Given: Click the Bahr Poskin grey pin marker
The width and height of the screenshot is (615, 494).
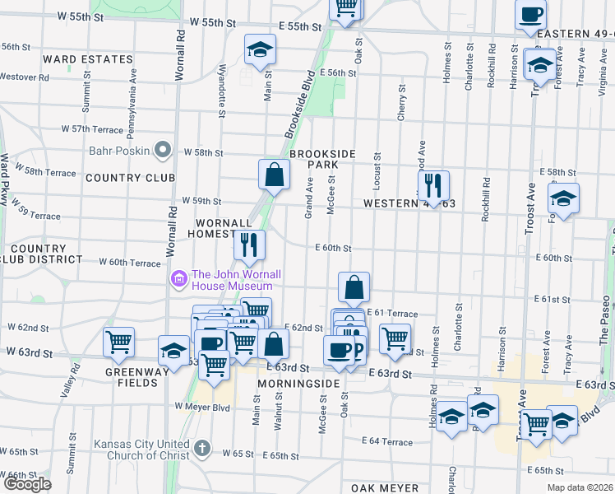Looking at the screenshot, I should coord(163,151).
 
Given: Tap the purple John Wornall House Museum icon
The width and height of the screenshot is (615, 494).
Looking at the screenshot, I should coord(178,280).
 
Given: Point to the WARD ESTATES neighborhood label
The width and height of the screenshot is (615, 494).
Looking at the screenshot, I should coord(88,59).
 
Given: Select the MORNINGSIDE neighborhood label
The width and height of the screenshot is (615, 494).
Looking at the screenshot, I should coord(298,384).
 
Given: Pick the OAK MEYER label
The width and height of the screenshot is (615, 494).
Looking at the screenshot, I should coord(386,487).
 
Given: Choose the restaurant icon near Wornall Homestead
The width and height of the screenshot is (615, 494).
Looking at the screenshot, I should coord(248,245).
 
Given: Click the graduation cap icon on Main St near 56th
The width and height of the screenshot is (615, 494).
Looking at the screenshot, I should coord(260,50).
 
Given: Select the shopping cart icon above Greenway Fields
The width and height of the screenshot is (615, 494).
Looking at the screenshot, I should coord(119,341).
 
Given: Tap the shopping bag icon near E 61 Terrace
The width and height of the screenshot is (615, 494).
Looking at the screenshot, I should coord(354,287).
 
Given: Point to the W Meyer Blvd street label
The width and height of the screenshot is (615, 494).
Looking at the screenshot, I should coord(201,406).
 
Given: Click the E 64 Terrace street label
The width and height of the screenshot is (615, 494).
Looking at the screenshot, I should coord(386,442).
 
